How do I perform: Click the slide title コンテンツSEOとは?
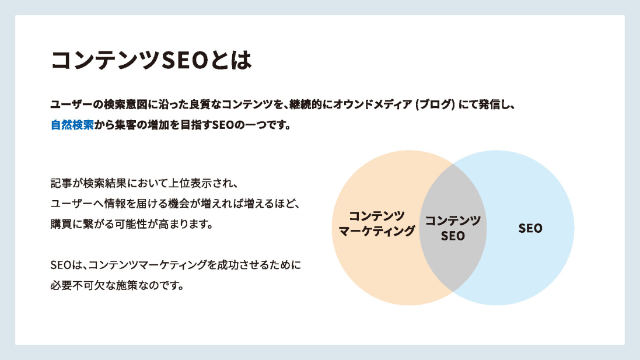point(151,61)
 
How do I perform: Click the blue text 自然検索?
point(72,125)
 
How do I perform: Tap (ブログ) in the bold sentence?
point(435,104)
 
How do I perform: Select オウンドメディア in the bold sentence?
point(373,104)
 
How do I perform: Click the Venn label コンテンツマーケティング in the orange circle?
point(376,223)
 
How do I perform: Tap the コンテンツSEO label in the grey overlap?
point(453,228)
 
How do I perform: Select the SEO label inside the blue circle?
point(530,228)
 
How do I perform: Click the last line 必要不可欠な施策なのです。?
point(117,285)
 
